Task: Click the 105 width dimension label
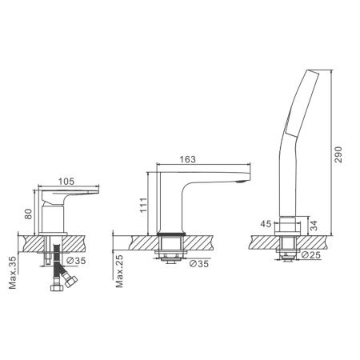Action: tap(66, 182)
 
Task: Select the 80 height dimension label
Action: tap(28, 214)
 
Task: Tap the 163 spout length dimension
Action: tap(187, 159)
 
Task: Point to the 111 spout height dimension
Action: tap(143, 205)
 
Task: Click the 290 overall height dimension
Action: tap(338, 154)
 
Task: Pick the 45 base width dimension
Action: tap(266, 224)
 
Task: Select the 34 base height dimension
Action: tap(314, 226)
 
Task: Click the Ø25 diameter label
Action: tap(311, 255)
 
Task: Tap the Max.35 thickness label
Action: tap(13, 273)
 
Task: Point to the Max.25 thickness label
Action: tap(119, 271)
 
